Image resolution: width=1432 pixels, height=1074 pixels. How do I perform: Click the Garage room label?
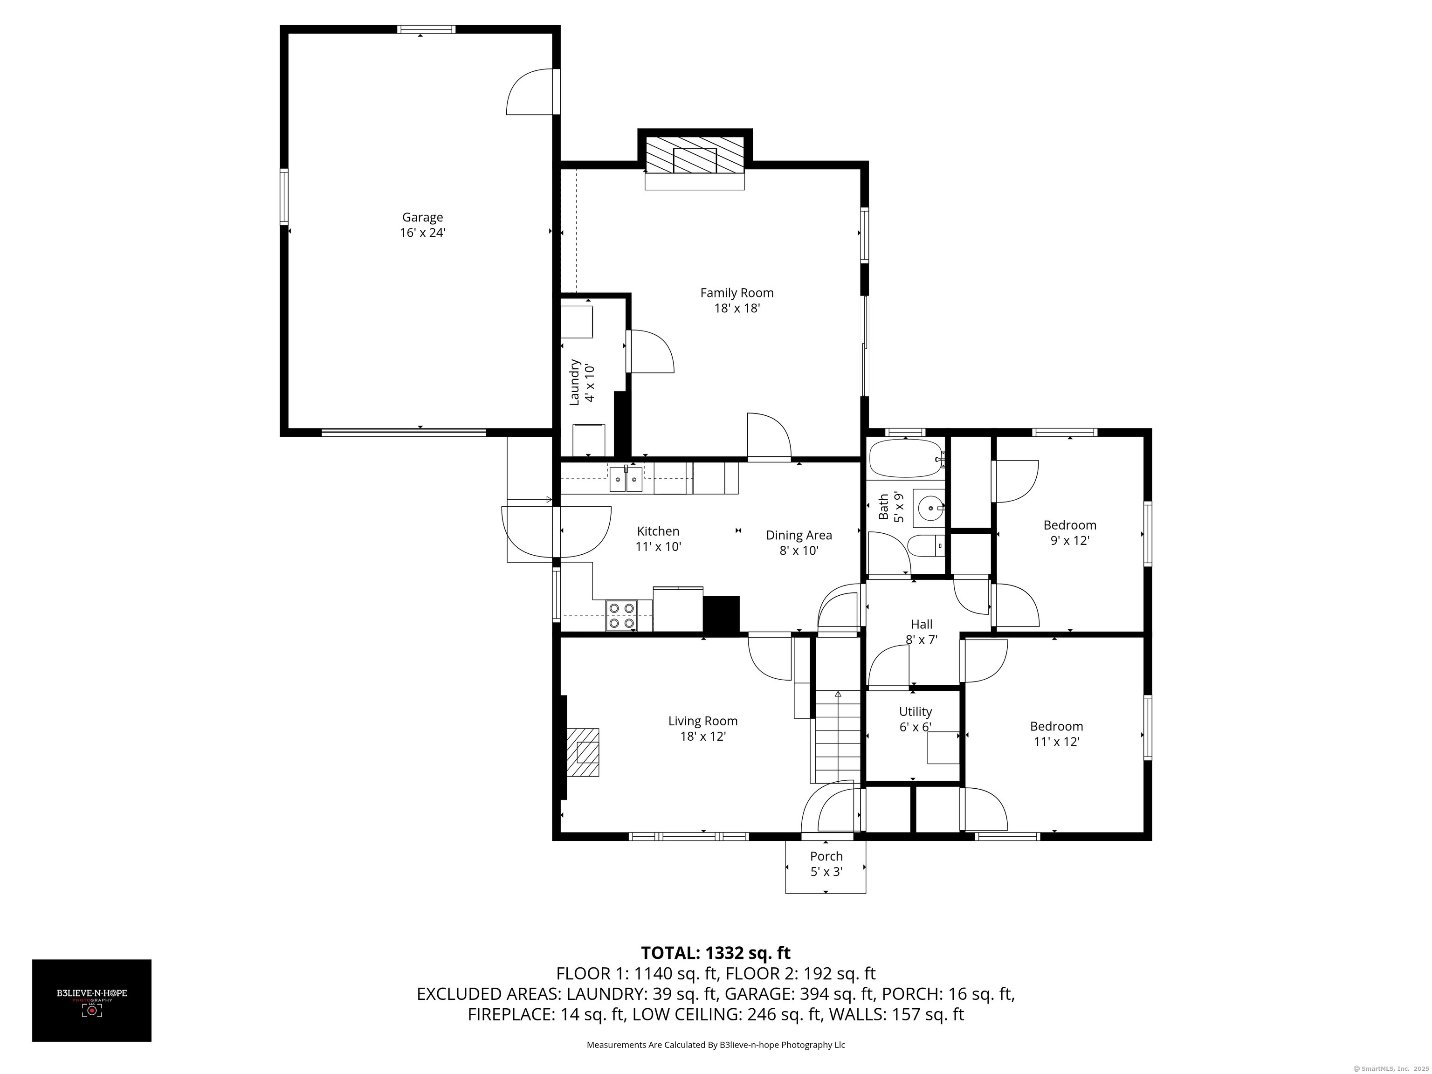(x=423, y=225)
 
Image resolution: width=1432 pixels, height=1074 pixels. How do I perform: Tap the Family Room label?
(x=737, y=300)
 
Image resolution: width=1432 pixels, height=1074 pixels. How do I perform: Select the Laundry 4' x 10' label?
(x=581, y=383)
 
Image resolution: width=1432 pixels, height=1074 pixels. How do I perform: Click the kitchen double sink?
(x=626, y=479)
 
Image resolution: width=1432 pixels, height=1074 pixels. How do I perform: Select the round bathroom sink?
(x=929, y=508)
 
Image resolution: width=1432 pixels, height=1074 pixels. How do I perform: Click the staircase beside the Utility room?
(x=838, y=736)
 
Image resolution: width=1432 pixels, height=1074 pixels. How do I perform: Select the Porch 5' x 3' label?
(x=826, y=864)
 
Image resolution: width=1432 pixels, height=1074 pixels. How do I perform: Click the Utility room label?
(x=916, y=719)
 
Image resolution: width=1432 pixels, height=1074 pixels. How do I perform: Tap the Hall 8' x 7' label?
(x=921, y=632)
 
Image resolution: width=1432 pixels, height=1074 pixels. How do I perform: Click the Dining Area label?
(x=799, y=543)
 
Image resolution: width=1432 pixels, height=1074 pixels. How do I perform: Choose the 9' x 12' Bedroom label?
(x=1069, y=532)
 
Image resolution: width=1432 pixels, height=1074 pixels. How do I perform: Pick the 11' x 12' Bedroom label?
(x=1057, y=733)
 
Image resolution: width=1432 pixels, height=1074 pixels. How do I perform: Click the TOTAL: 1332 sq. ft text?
(x=716, y=953)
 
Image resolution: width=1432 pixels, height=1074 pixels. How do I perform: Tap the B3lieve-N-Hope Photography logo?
(x=92, y=1000)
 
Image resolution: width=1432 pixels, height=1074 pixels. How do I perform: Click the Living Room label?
(x=703, y=728)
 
